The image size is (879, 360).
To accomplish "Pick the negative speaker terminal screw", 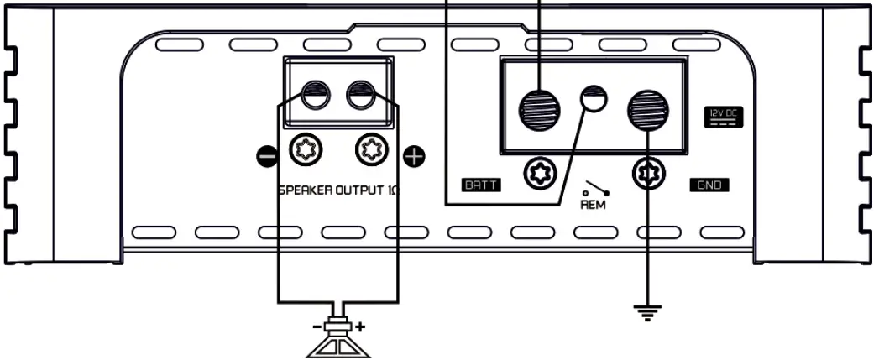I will click(x=304, y=152).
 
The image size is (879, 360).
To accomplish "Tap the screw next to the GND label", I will click(x=646, y=175).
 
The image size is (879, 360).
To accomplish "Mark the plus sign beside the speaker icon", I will click(x=361, y=326).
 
